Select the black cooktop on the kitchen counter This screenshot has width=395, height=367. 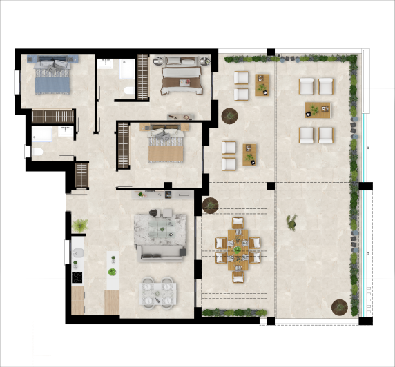[77, 277]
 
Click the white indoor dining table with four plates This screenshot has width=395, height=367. [158, 292]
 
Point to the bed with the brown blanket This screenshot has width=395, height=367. [182, 79]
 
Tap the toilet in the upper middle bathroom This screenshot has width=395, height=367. [127, 92]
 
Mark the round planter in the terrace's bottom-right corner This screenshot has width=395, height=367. [339, 305]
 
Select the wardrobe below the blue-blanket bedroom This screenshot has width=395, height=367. [52, 117]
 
